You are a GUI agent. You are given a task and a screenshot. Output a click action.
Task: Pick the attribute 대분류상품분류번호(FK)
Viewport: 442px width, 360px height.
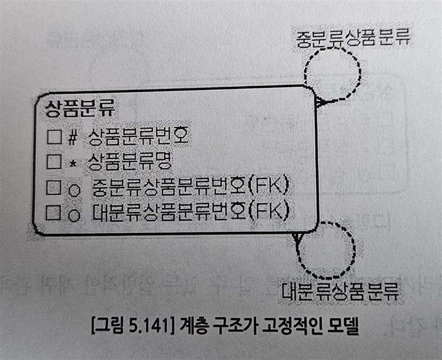[x=191, y=211]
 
